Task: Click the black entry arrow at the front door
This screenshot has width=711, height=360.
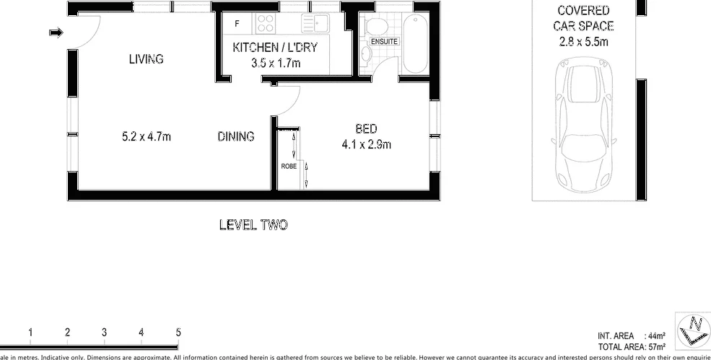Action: (x=56, y=32)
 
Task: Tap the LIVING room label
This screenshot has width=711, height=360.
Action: (x=146, y=59)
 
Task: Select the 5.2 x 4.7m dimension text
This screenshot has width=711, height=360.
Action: (x=147, y=136)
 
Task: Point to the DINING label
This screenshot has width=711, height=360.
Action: (x=236, y=136)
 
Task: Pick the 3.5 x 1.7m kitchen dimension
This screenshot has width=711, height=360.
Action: (x=275, y=63)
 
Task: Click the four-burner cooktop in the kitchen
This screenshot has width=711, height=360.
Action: (x=266, y=24)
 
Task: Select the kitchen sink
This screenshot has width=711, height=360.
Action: (x=315, y=24)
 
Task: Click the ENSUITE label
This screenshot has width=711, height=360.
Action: (x=384, y=42)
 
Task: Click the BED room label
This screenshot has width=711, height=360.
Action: (x=366, y=129)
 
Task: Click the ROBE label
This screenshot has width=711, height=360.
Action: (x=289, y=166)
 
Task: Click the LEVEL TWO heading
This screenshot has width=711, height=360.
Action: (x=253, y=225)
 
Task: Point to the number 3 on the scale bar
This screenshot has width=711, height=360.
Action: (x=104, y=333)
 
